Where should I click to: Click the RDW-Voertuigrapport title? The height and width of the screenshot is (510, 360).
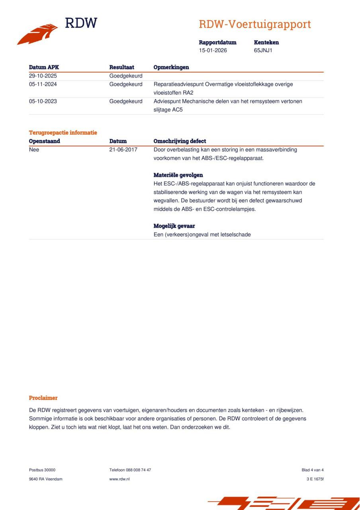(x=254, y=24)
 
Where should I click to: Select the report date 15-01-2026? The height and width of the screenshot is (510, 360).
(x=213, y=51)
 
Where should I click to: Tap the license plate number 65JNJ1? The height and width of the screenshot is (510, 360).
(x=263, y=51)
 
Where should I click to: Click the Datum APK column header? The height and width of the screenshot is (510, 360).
(x=44, y=67)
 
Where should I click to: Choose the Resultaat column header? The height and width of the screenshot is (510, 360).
(x=121, y=67)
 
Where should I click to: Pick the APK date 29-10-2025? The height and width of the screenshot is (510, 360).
(x=43, y=76)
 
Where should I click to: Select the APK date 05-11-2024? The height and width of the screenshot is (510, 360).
(x=43, y=84)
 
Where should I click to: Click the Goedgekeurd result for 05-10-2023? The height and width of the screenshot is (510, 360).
(x=125, y=101)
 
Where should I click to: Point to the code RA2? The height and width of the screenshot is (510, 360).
(x=188, y=93)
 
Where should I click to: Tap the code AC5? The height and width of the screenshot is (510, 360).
(x=177, y=110)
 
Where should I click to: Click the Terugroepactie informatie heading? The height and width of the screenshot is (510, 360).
(x=63, y=133)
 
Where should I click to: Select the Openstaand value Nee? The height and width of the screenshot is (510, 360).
(x=34, y=150)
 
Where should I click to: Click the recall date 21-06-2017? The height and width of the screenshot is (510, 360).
(x=123, y=150)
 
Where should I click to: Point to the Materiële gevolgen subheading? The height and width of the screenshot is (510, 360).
(x=178, y=175)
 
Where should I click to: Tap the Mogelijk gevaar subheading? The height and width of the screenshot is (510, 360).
(x=174, y=226)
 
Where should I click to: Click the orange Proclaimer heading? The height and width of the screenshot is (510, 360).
(x=43, y=398)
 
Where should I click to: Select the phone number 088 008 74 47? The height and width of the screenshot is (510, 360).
(x=138, y=470)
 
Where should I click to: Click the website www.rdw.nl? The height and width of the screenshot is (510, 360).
(x=119, y=479)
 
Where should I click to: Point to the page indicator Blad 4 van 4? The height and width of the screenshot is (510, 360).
(x=313, y=470)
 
